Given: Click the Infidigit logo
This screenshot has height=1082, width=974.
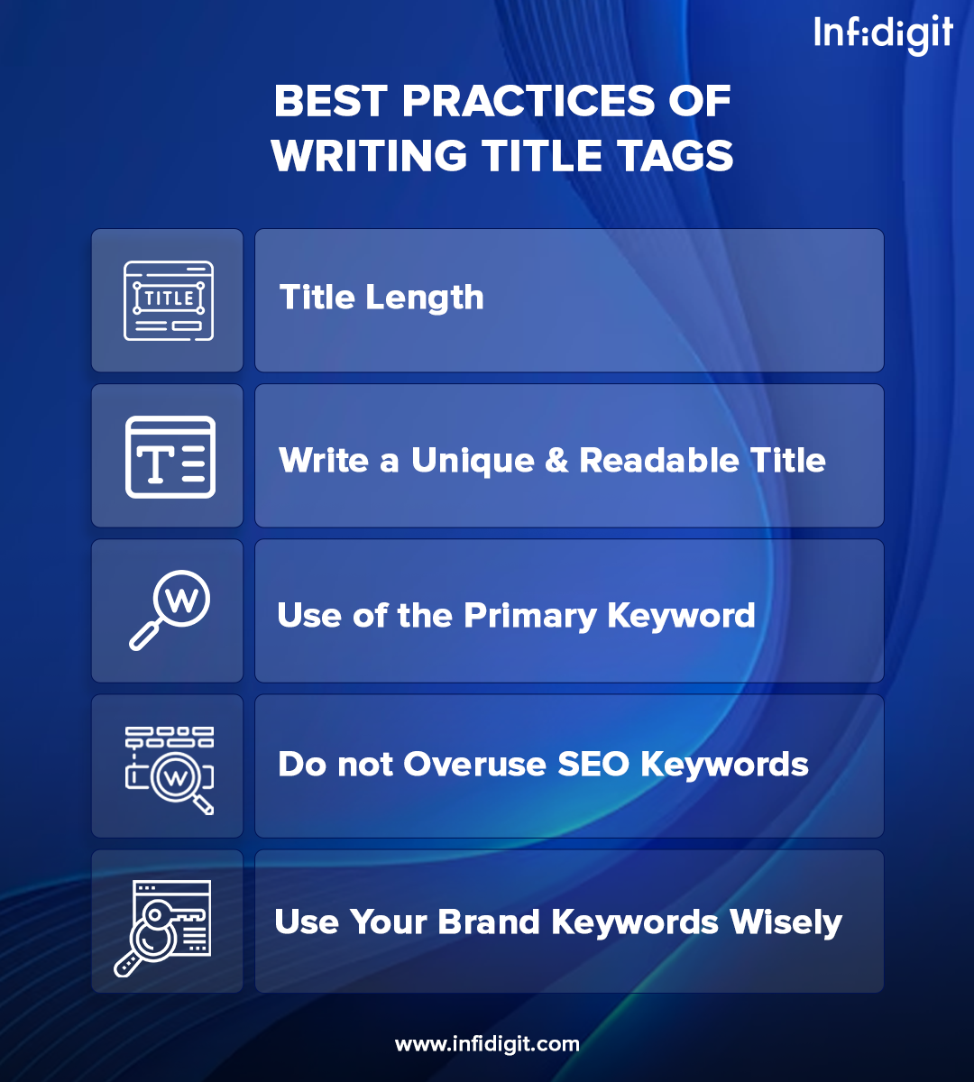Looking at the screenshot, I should (x=883, y=35).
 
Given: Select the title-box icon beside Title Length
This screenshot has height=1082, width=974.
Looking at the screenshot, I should (x=169, y=300).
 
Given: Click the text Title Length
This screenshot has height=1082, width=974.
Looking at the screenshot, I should (x=381, y=298).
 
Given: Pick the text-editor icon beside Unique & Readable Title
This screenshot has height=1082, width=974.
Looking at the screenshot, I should (x=170, y=457).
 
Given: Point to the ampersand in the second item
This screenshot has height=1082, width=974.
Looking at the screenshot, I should (x=556, y=461).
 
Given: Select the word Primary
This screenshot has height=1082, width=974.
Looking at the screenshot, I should (x=530, y=616).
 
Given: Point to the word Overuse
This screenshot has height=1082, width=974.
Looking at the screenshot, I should (x=475, y=765).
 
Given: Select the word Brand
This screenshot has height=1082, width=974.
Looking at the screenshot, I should (x=489, y=922).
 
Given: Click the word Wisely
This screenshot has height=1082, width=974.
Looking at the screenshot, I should (x=786, y=922).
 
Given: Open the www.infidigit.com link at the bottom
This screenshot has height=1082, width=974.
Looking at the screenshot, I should (x=487, y=1045).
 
